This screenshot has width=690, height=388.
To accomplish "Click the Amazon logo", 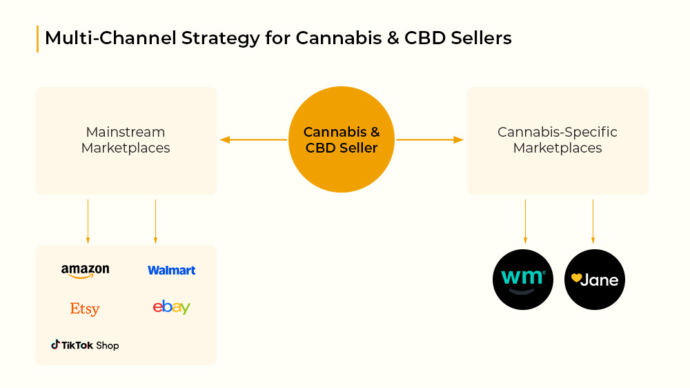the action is click(86, 271).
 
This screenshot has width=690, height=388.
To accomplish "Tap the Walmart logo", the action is click(172, 271).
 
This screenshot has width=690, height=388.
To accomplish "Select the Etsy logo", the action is click(85, 309).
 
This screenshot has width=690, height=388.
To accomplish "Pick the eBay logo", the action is click(172, 307).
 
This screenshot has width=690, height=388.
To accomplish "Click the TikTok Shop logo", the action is click(85, 345).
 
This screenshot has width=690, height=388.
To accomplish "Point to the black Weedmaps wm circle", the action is click(523, 280).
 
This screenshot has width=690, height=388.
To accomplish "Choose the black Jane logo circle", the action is click(595, 280).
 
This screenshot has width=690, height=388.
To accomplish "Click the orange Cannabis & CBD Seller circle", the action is click(342, 139).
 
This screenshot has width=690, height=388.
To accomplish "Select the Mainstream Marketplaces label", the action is click(126, 139).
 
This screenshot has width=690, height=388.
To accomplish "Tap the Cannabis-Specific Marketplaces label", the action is click(558, 139).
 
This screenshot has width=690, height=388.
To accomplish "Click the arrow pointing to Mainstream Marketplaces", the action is click(253, 139).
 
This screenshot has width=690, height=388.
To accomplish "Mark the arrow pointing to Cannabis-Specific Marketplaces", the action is click(430, 139).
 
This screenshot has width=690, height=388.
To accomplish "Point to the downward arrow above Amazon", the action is click(88, 222).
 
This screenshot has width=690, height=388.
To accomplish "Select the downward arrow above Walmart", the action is click(155, 222).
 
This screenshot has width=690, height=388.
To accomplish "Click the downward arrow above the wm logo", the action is click(525, 222).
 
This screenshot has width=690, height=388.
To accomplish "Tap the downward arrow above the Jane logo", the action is click(593, 222).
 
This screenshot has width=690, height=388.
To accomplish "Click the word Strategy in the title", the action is click(221, 39).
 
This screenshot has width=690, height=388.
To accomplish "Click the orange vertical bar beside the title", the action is click(37, 39).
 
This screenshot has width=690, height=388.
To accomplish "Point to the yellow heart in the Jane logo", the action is click(576, 278).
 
